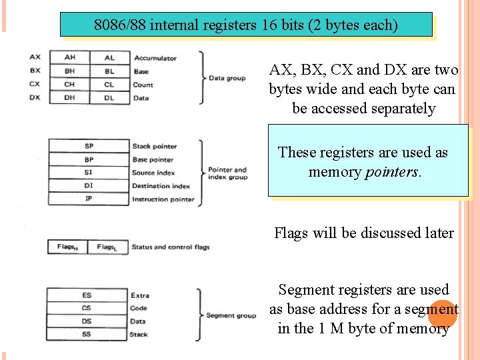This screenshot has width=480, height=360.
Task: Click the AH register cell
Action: [69, 58]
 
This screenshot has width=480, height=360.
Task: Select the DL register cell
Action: [109, 98]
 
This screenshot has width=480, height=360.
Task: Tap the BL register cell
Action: [109, 71]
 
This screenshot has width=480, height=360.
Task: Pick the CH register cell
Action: [69, 85]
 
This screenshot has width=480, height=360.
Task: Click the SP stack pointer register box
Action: [89, 146]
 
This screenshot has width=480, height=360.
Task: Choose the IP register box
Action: [89, 199]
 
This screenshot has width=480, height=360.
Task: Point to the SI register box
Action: [89, 173]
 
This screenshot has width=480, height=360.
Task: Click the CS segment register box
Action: [87, 308]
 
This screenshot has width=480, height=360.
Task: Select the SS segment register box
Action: [87, 334]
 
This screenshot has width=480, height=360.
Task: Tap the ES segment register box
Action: [87, 295]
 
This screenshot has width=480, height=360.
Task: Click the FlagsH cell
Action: [68, 247]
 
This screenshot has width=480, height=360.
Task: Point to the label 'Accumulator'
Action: [155, 58]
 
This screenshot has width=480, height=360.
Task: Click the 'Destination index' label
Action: [161, 186]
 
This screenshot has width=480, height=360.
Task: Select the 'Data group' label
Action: [227, 78]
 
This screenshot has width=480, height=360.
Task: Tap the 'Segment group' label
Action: [231, 315]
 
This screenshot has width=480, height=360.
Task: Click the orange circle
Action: [442, 313]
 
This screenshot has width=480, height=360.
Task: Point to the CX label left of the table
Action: [35, 85]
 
